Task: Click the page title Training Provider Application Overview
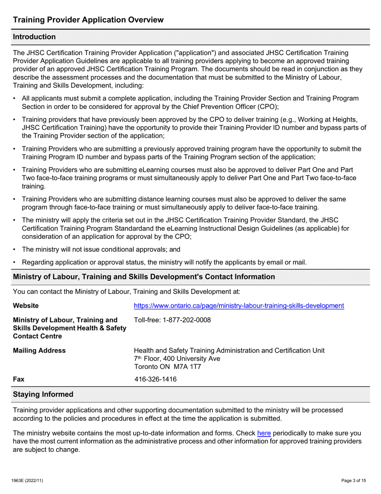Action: coord(88,20)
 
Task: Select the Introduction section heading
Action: coord(34,37)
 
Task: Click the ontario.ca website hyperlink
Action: coord(239,306)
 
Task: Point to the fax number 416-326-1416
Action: coord(155,379)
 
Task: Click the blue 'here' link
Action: coord(264,433)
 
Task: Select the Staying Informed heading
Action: coord(43,394)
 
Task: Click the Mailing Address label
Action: coord(39,351)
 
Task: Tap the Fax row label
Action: coord(19,379)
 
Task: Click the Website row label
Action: coord(26,306)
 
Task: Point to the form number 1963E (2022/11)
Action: coord(27,481)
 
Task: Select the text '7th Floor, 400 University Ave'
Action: coord(177,358)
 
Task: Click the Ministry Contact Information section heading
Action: coord(144,277)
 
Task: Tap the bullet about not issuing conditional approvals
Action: coord(101,249)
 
